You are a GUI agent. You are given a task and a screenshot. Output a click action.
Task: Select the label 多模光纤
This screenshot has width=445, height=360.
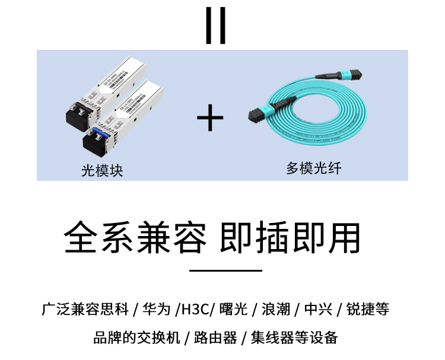(x=314, y=168)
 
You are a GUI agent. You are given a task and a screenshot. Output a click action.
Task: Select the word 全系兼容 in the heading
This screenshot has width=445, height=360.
(x=135, y=238)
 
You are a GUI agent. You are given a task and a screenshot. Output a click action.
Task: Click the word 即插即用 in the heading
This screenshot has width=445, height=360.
(x=290, y=238)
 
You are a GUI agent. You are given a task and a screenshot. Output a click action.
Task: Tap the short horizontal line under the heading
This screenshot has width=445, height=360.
(x=225, y=270)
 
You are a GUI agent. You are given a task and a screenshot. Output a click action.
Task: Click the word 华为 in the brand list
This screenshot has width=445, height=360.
(x=157, y=310)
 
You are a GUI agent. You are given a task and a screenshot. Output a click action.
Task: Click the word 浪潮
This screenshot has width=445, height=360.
(x=275, y=310)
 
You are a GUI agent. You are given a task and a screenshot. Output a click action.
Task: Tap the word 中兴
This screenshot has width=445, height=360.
(x=317, y=310)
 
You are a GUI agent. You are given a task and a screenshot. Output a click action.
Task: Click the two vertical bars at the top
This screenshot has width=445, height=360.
(x=215, y=26)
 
